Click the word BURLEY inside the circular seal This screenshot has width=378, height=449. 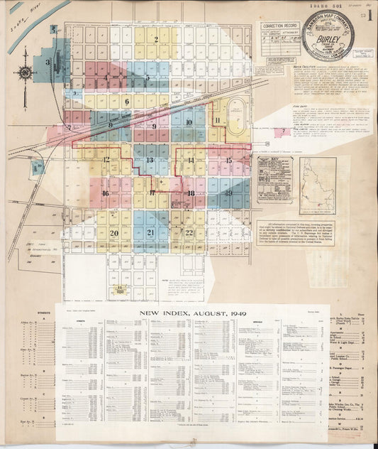[x=328, y=39]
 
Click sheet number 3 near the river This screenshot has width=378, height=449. [x=48, y=63]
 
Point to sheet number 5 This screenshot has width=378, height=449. [x=147, y=77]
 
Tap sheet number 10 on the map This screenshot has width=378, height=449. [x=189, y=122]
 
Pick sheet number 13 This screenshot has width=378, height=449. [x=149, y=161]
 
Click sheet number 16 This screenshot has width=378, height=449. [x=105, y=193]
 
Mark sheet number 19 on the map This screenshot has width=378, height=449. [x=228, y=193]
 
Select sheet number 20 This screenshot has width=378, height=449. [x=113, y=232]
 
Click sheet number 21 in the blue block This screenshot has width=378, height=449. [x=150, y=232]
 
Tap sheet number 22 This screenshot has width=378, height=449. [x=189, y=232]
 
